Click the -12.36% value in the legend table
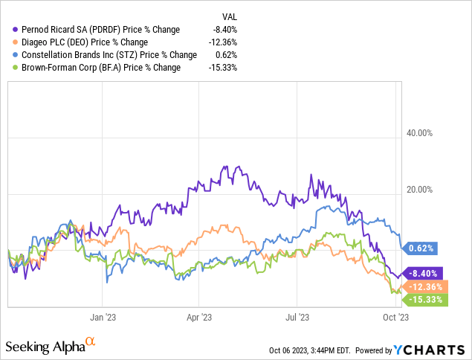click(x=225, y=42)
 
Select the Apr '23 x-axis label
click(x=198, y=316)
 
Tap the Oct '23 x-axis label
click(x=394, y=316)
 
